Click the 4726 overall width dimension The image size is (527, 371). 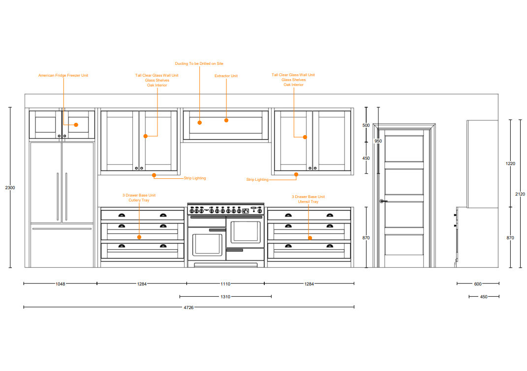point(188,308)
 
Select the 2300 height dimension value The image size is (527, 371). point(10,188)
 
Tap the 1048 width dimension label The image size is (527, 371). point(60,284)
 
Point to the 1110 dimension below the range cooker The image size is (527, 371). point(225,284)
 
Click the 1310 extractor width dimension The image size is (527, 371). point(225,297)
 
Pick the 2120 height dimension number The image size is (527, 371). point(520,194)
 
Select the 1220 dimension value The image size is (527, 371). point(510,163)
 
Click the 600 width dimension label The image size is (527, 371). point(478,284)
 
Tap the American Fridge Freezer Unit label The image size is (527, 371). point(63,76)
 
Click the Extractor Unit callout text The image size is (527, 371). point(226,76)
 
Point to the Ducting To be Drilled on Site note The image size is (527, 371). point(199,64)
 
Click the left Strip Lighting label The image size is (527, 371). point(195,178)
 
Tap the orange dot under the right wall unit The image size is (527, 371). point(296,174)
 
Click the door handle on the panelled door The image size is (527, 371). point(382,201)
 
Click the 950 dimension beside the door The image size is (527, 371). point(378,141)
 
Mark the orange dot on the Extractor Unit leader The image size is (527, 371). point(226,120)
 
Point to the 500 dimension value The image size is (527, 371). point(366,125)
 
